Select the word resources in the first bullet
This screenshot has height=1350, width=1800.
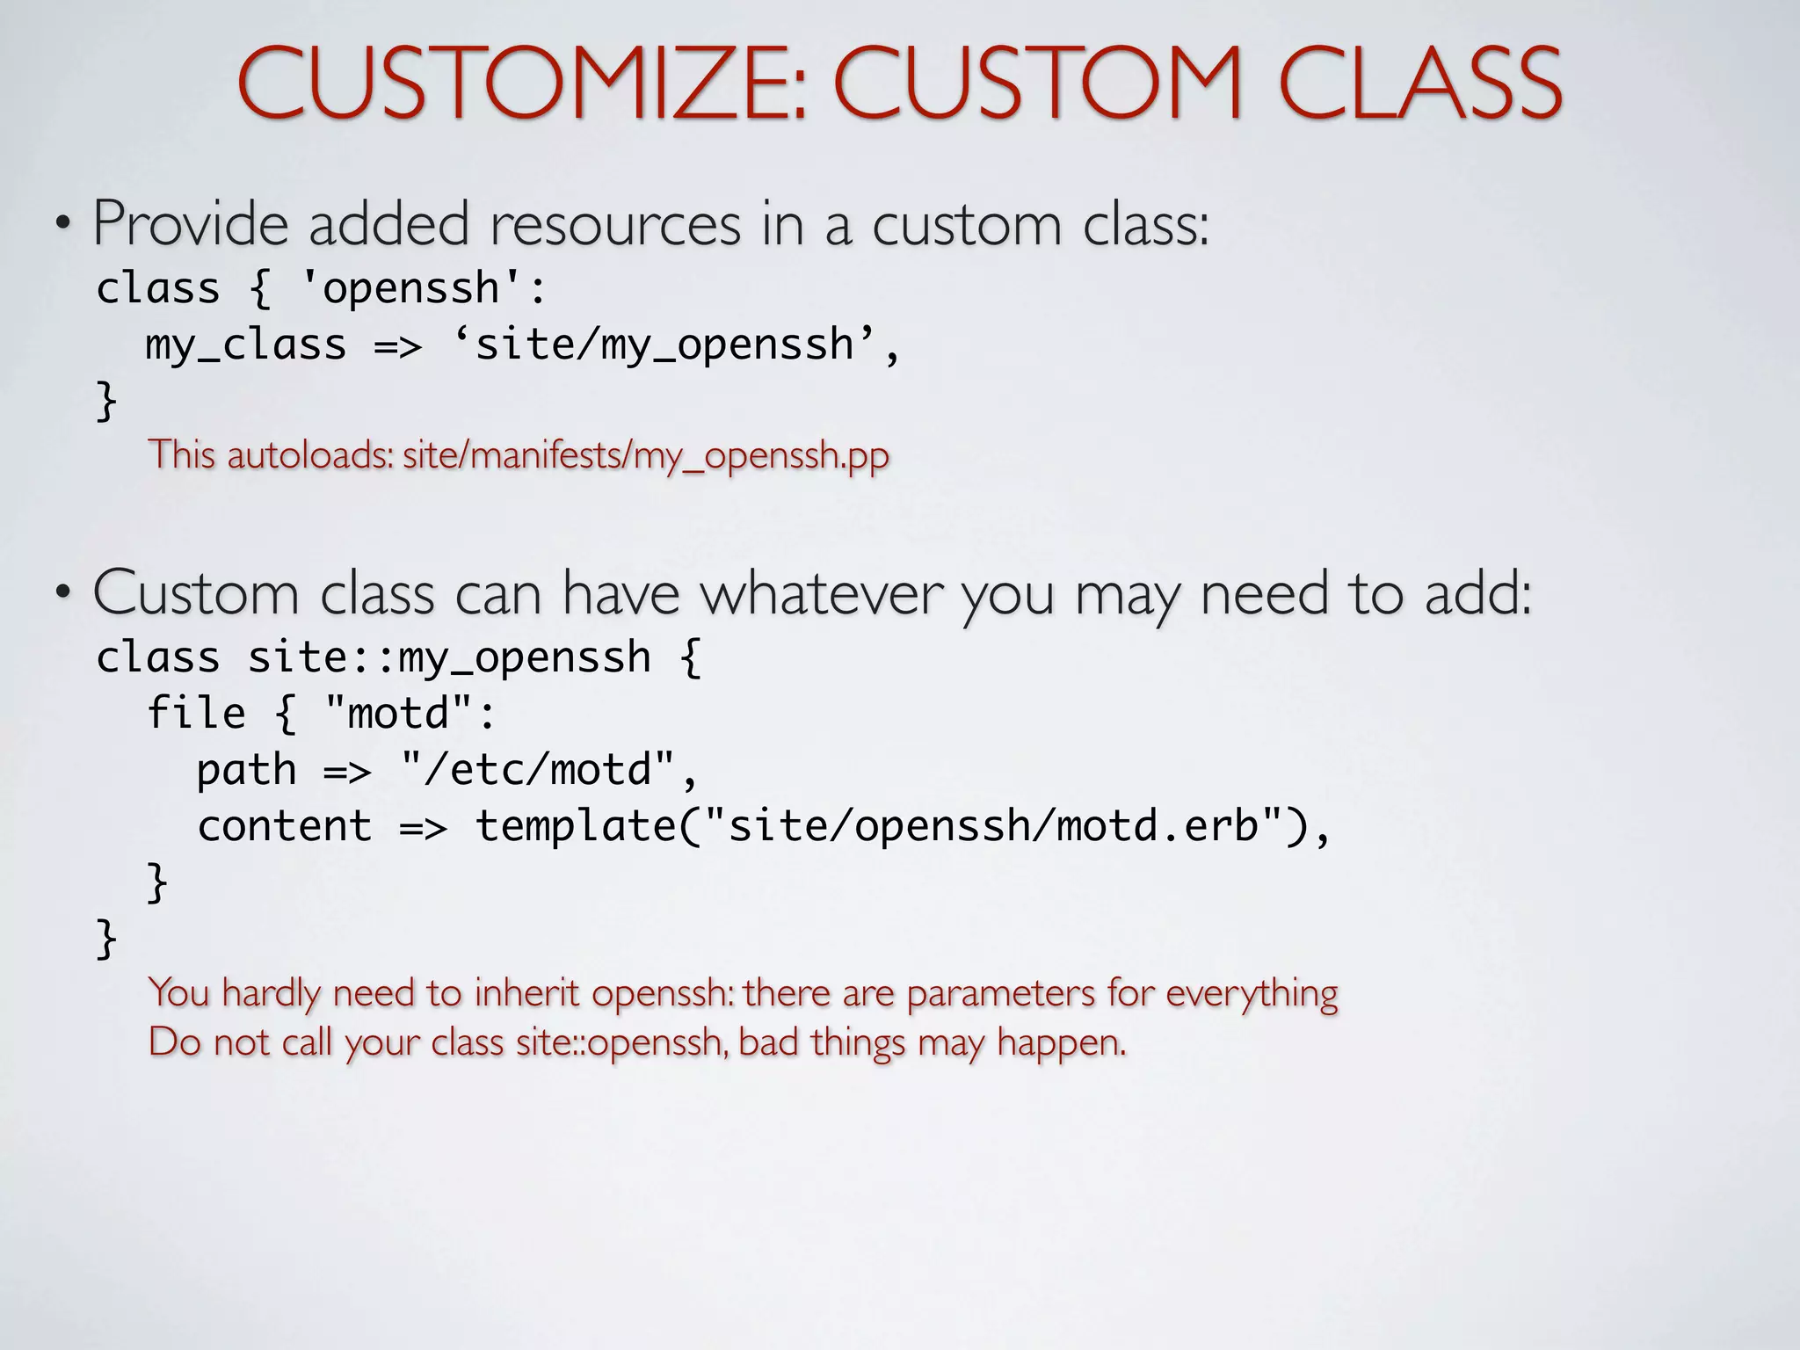tap(615, 224)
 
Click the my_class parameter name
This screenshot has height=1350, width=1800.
tap(246, 345)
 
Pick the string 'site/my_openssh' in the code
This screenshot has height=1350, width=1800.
tap(664, 345)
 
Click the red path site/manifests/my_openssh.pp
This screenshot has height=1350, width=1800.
tap(646, 455)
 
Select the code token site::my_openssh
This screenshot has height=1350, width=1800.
tap(449, 658)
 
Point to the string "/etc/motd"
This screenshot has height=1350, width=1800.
tap(537, 770)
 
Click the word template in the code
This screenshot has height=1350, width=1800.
tap(575, 826)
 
